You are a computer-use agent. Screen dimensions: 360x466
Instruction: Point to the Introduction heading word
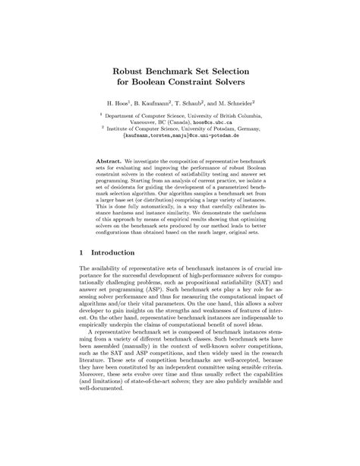click(113, 252)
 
